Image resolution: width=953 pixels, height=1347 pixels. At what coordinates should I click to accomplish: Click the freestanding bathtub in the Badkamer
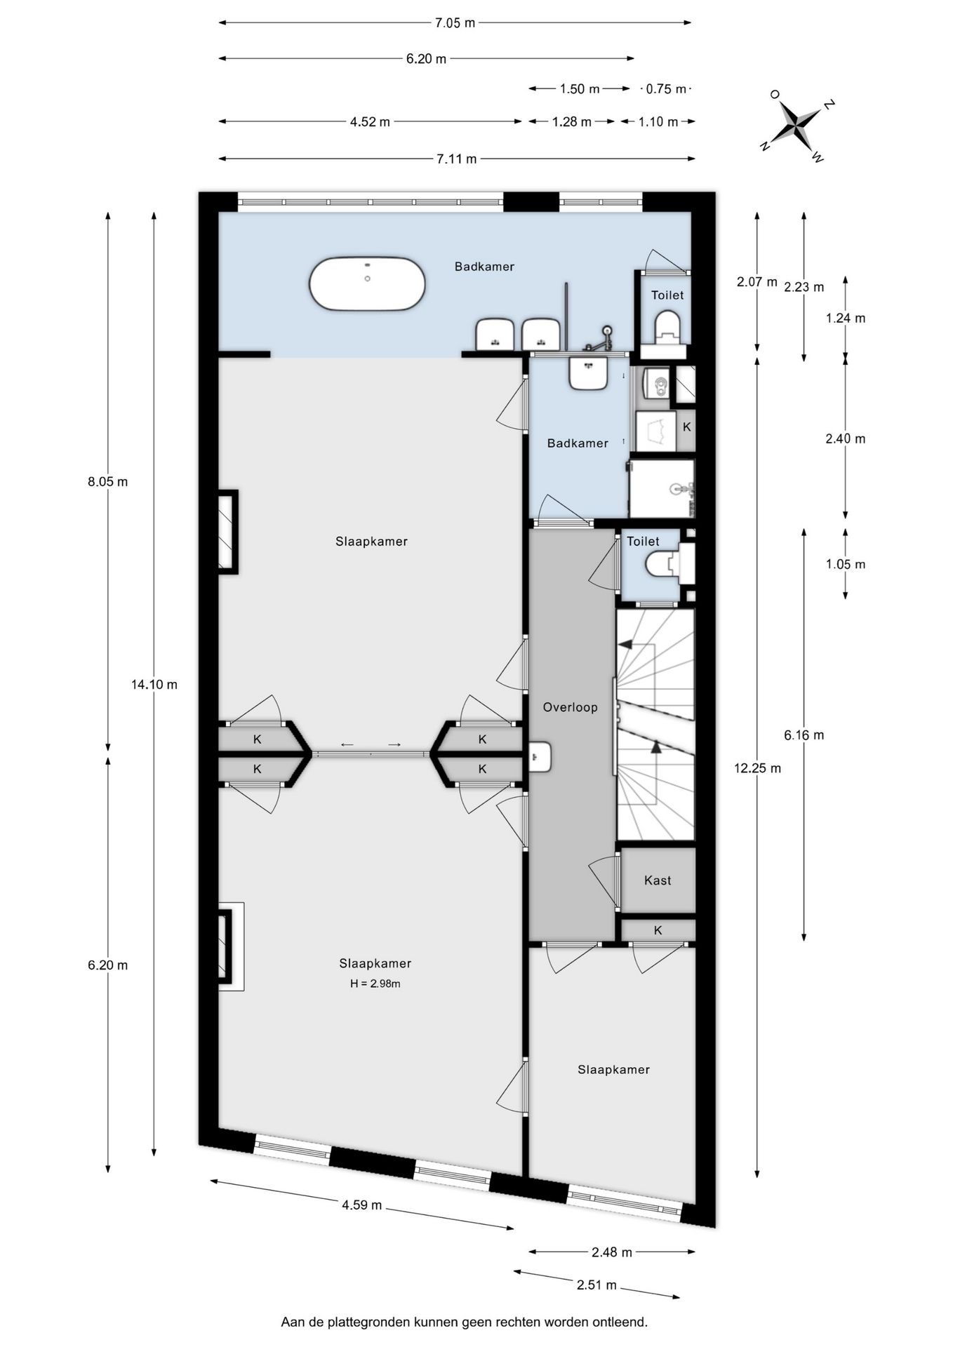pos(367,283)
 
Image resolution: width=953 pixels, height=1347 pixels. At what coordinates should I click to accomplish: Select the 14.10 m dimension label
pos(154,684)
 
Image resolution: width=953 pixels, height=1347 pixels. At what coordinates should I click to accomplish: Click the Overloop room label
pos(570,707)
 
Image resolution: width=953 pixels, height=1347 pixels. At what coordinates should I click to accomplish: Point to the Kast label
pos(658,880)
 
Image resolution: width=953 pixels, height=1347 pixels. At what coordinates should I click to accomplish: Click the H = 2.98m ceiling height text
pos(375,984)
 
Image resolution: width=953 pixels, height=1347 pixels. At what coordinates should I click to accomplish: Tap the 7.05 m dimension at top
pos(455,22)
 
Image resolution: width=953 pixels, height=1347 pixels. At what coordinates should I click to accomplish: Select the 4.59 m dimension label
pos(361,1205)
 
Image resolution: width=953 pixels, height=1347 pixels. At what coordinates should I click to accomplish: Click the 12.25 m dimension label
pos(757,768)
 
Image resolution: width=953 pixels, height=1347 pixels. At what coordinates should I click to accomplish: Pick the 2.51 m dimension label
pos(597,1285)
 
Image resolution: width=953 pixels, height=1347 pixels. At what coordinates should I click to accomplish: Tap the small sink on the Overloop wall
pos(540,757)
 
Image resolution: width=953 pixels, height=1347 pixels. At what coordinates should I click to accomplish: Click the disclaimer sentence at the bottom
pos(464,1322)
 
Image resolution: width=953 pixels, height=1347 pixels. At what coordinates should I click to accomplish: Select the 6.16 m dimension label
pos(804,735)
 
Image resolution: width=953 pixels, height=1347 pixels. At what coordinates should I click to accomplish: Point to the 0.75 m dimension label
pos(666,89)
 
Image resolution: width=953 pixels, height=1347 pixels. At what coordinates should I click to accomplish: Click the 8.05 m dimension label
pos(107,482)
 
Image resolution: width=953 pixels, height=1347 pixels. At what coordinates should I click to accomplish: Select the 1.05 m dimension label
pos(845,564)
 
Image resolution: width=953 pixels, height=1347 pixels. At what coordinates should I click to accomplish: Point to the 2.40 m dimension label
pos(845,438)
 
